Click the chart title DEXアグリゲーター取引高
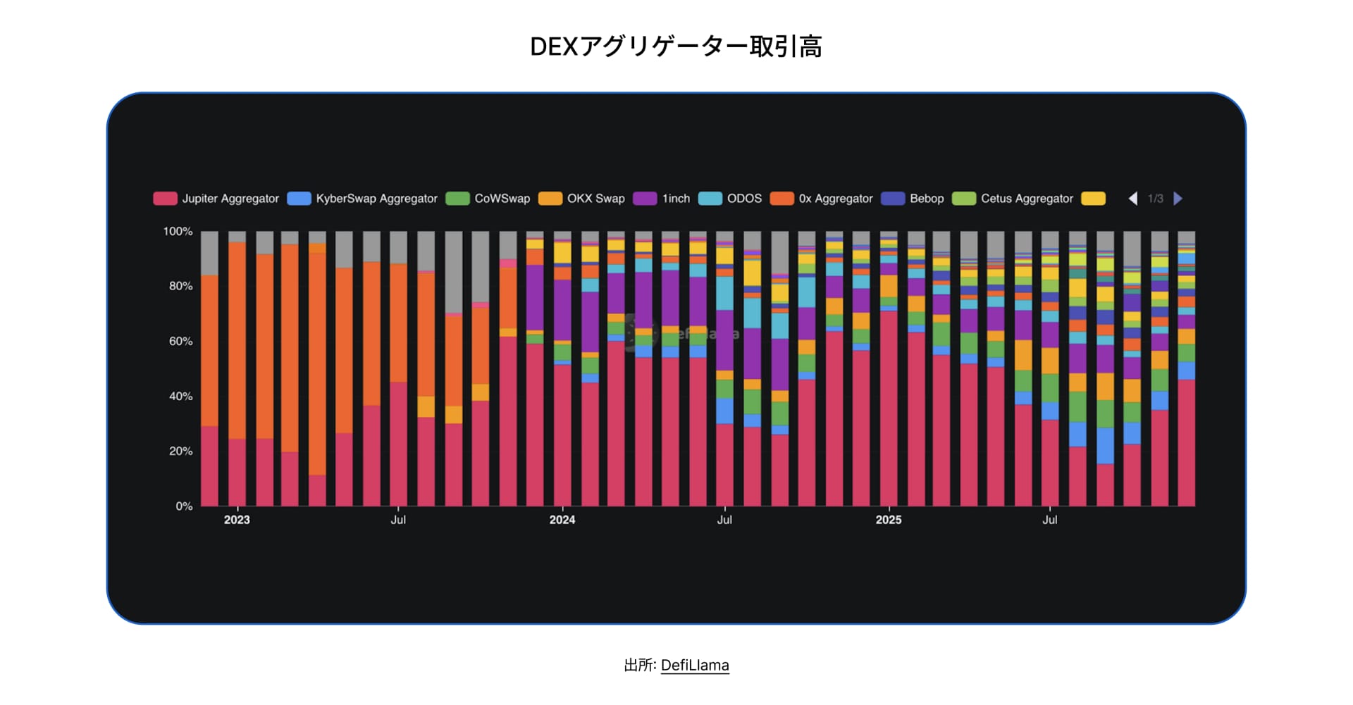[x=676, y=46]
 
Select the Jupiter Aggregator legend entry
[x=217, y=199]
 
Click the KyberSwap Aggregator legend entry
[x=364, y=199]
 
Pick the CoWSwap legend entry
[x=489, y=199]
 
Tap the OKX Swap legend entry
[x=583, y=199]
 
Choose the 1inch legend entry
[x=662, y=199]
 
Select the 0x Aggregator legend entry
[x=822, y=199]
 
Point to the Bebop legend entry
[x=913, y=199]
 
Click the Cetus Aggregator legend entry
[x=1013, y=199]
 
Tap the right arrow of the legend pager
[x=1178, y=199]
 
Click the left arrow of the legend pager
[x=1133, y=199]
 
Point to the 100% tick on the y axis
[x=178, y=231]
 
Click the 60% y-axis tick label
[x=180, y=341]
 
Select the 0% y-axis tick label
[x=183, y=506]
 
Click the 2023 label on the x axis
[x=237, y=520]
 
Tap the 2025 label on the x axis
[x=888, y=520]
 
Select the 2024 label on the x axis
[x=562, y=520]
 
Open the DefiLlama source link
[x=695, y=665]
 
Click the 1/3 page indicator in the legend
[x=1156, y=199]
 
